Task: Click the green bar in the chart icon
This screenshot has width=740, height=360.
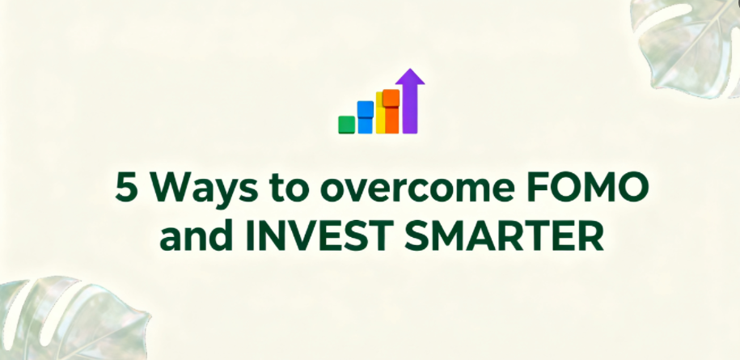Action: [x=346, y=125]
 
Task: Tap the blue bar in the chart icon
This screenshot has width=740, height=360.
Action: [x=366, y=117]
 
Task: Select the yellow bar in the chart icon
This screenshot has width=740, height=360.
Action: [x=380, y=113]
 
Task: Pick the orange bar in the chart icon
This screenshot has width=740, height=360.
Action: [x=391, y=112]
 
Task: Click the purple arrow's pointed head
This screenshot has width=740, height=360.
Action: [x=410, y=77]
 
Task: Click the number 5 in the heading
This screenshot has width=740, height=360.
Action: [x=127, y=187]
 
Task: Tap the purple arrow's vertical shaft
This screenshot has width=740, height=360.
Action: [x=410, y=109]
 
